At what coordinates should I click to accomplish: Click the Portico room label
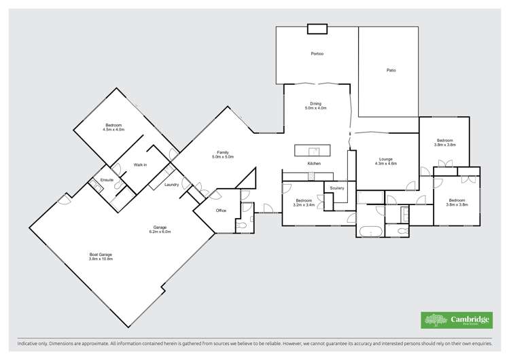[x=317, y=54]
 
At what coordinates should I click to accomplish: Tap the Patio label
[x=391, y=70]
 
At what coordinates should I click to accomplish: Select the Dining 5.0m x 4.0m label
[x=316, y=106]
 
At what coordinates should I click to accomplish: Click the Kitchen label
[x=314, y=164]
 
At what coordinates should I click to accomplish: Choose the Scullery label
[x=337, y=187]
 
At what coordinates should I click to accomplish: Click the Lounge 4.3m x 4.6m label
[x=385, y=162]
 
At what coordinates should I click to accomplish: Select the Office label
[x=221, y=211]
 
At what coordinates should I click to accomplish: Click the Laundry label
[x=171, y=184]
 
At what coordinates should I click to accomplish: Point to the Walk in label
[x=140, y=165]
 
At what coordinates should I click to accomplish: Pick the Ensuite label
[x=107, y=180]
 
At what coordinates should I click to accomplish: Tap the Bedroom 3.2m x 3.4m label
[x=303, y=202]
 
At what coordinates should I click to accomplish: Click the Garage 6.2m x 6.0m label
[x=160, y=229]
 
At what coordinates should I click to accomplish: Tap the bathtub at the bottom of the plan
[x=370, y=231]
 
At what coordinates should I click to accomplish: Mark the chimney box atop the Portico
[x=317, y=29]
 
